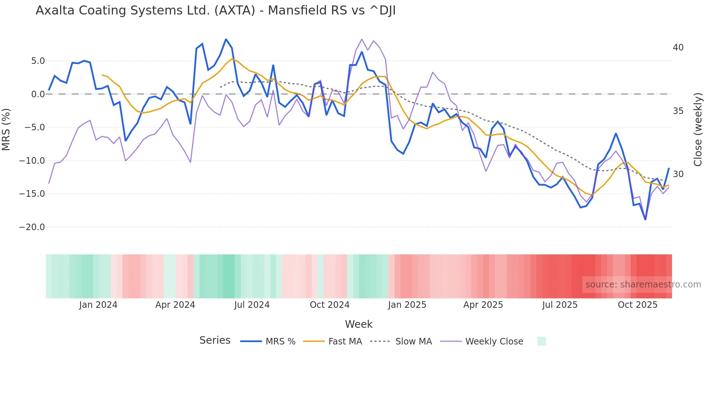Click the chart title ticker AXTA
click(235, 11)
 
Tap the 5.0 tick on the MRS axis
click(38, 61)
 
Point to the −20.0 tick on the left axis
click(32, 227)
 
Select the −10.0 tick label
click(32, 161)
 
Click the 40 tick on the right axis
click(678, 48)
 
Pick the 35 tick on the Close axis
click(678, 111)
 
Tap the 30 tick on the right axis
click(678, 174)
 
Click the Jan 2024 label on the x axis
click(98, 305)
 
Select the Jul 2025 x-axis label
click(560, 305)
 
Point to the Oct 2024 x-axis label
click(329, 305)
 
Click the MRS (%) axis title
click(6, 129)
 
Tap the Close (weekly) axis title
click(697, 130)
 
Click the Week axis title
click(359, 324)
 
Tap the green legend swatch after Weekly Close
click(541, 341)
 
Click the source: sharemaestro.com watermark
click(643, 285)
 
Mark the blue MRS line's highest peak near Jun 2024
click(226, 39)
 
